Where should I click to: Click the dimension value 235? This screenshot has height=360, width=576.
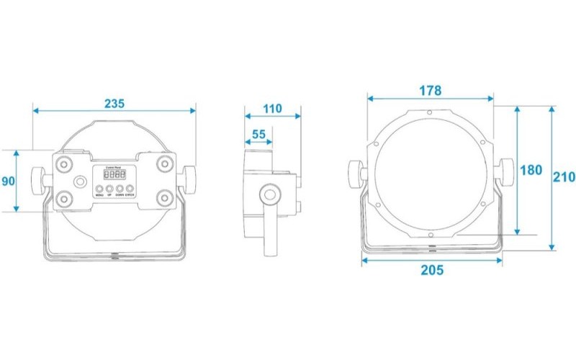pos(114,103)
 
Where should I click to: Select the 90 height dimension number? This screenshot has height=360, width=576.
pos(8,181)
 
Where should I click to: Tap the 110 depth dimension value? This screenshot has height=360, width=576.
pos(272,109)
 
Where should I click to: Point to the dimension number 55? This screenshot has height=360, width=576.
pos(258,134)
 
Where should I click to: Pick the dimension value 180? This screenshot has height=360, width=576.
pos(531,171)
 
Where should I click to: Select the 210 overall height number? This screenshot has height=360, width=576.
pos(564,177)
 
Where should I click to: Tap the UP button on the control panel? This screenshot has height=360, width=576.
pos(110,189)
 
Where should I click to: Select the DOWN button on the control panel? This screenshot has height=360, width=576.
pos(120,189)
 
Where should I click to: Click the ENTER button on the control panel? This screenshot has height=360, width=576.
pos(130,189)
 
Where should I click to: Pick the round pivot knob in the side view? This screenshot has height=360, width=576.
pos(271,194)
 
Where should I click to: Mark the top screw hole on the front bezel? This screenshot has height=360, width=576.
pos(429,112)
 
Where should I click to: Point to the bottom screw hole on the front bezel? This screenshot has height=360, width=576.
pos(430,235)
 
